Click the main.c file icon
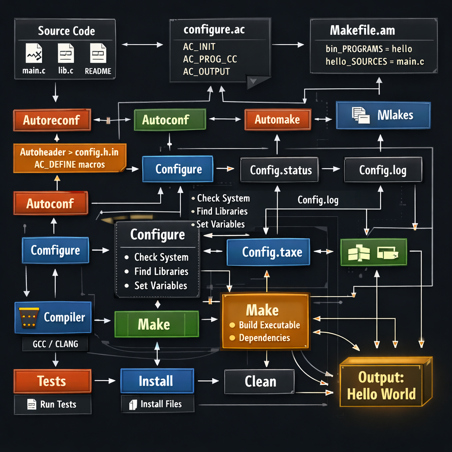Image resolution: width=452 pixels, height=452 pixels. point(34,54)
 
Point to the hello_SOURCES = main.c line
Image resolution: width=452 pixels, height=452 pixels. point(375,61)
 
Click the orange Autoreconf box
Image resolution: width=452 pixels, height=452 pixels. point(52,120)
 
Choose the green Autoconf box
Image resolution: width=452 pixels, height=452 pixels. point(169,120)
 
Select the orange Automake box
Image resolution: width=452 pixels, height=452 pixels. point(277,119)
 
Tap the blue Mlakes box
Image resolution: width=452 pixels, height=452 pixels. point(383,115)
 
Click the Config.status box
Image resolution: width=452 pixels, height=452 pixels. point(281,170)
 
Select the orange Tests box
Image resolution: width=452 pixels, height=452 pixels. point(52,381)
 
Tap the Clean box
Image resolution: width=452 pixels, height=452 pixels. point(260,381)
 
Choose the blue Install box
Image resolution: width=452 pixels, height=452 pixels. point(156,381)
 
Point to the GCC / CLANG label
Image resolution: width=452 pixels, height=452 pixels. point(55,344)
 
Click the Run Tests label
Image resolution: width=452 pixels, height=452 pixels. point(53,404)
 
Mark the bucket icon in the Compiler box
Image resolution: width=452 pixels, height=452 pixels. point(28,316)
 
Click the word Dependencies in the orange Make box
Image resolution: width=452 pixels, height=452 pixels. point(264,338)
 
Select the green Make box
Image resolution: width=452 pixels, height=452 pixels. point(154,324)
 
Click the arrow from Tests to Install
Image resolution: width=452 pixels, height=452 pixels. point(105,380)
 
